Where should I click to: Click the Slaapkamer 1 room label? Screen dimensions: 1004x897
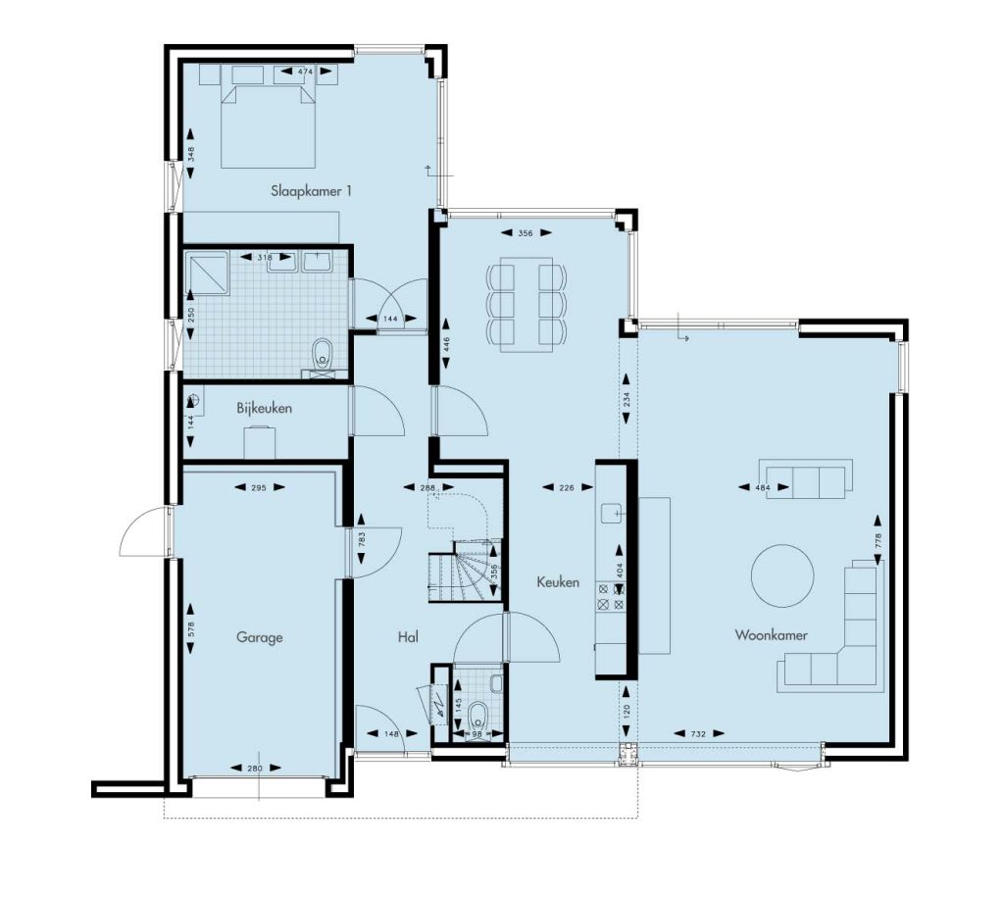pyautogui.click(x=311, y=191)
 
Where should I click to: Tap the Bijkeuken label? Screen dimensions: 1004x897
pyautogui.click(x=265, y=408)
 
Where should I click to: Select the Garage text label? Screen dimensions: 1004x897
pyautogui.click(x=259, y=637)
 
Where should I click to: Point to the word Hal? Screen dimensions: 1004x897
pyautogui.click(x=408, y=636)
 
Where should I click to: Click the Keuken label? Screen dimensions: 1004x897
pyautogui.click(x=558, y=582)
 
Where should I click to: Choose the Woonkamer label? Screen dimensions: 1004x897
pyautogui.click(x=771, y=635)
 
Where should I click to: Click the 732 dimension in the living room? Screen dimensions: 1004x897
pyautogui.click(x=698, y=733)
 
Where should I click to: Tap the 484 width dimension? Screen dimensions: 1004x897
pyautogui.click(x=763, y=487)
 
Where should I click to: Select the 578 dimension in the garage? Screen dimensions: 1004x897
pyautogui.click(x=190, y=628)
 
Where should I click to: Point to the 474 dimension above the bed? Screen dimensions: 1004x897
pyautogui.click(x=306, y=72)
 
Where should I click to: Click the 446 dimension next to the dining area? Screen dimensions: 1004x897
pyautogui.click(x=446, y=344)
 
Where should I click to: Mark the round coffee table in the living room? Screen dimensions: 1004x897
pyautogui.click(x=782, y=576)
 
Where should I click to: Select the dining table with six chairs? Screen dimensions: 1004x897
pyautogui.click(x=527, y=304)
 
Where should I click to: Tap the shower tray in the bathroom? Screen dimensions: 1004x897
pyautogui.click(x=206, y=274)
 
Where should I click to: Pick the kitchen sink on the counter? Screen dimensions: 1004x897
pyautogui.click(x=612, y=513)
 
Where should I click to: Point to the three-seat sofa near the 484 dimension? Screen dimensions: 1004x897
pyautogui.click(x=806, y=478)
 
